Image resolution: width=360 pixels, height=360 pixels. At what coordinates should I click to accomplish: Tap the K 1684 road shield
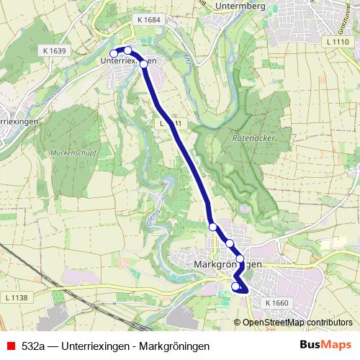pos(147,21)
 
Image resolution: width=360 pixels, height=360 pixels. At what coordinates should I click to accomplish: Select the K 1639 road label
pos(55,51)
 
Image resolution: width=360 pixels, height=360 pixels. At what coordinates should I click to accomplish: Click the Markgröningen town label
pos(228,265)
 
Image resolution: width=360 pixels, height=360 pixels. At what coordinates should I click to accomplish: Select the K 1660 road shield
pos(276,303)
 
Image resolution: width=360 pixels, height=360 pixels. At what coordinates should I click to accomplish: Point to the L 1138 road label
pos(15,297)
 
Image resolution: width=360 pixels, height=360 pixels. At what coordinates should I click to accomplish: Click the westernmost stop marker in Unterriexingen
pos(113,53)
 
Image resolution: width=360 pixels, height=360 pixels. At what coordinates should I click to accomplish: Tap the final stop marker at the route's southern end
pos(235,287)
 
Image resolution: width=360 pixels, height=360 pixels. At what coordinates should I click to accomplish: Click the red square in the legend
pos(9,346)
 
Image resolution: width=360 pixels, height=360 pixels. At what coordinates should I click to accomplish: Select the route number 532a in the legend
pos(35,346)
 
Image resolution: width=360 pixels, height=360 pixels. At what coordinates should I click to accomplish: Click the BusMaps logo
pos(326,345)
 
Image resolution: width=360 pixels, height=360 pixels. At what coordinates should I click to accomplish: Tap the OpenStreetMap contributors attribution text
pos(302,322)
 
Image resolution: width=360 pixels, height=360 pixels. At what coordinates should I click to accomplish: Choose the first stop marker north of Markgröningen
pos(213,227)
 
